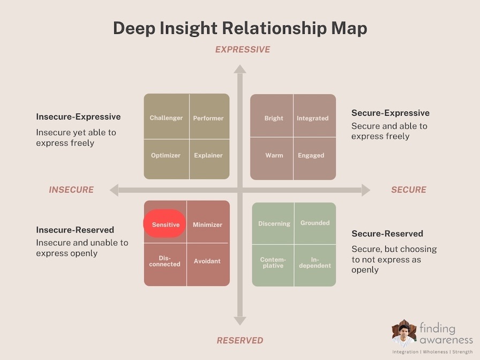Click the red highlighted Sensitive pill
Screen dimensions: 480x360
(164, 224)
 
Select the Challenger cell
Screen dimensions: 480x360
(167, 116)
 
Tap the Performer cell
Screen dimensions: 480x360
(209, 116)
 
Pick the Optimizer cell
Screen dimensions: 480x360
(167, 159)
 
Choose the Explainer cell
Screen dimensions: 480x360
(209, 159)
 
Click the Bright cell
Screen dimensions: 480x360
(272, 115)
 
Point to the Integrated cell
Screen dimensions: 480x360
(314, 115)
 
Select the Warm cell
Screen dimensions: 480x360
(272, 159)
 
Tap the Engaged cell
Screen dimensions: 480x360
(314, 159)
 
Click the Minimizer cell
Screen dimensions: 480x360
(208, 222)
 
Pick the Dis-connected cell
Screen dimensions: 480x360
(165, 265)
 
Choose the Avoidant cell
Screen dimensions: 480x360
(208, 265)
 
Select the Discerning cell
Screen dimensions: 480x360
(273, 223)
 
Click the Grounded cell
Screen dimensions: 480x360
(316, 223)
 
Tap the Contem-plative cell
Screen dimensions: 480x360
(273, 266)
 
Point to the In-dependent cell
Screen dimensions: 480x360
(316, 266)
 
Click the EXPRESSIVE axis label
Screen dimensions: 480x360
(243, 49)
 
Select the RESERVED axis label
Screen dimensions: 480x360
(240, 340)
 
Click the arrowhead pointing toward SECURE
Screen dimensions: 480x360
(366, 190)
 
